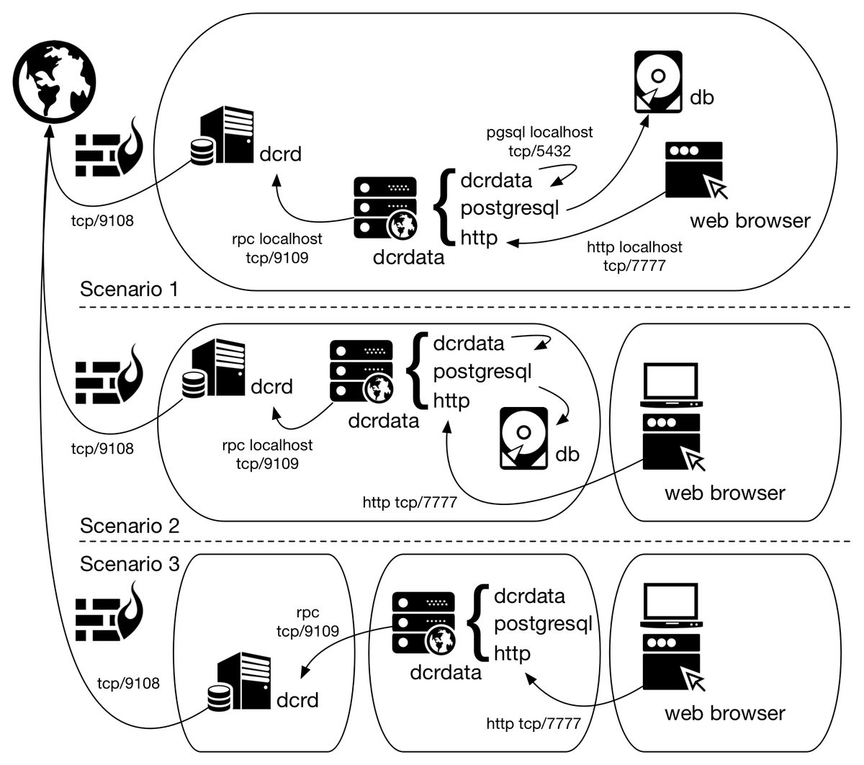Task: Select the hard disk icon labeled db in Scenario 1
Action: (657, 81)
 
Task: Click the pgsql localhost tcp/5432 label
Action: (539, 141)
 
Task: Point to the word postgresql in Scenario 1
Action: (509, 208)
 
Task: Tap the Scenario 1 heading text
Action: (129, 290)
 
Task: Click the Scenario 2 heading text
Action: (129, 525)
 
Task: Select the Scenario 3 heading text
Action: (129, 563)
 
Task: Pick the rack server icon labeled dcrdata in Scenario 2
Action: (361, 372)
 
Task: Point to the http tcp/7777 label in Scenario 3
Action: (533, 723)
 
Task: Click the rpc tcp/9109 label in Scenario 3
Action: (307, 622)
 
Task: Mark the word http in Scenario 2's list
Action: (451, 401)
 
